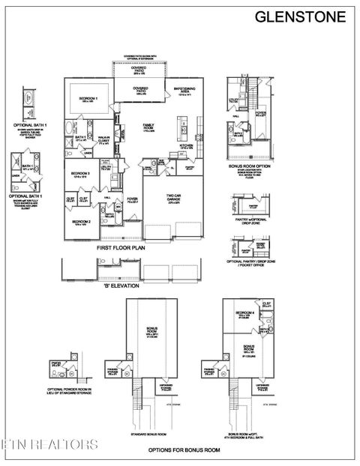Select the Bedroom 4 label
pos(241,313)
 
